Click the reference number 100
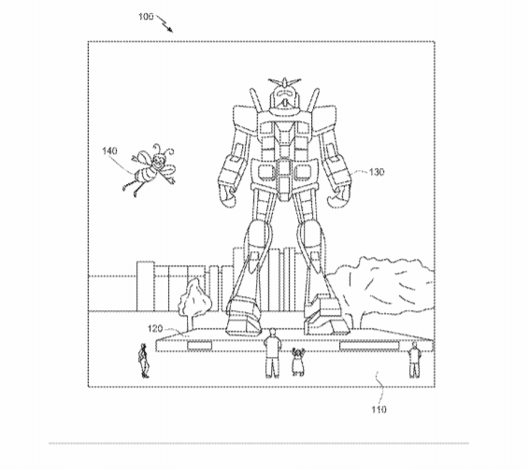point(146,17)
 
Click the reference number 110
point(379,409)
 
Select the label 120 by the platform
point(155,328)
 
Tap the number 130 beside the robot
point(377,172)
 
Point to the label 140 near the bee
point(109,150)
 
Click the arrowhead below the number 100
point(170,30)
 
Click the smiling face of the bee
point(158,162)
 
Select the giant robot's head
point(284,97)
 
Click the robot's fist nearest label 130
point(337,197)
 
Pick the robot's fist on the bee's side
point(228,196)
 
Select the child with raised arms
point(297,362)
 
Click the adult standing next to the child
point(272,353)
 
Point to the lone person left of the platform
point(144,361)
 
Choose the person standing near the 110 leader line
point(414,360)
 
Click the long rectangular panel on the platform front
point(369,346)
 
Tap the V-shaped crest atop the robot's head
point(284,81)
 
